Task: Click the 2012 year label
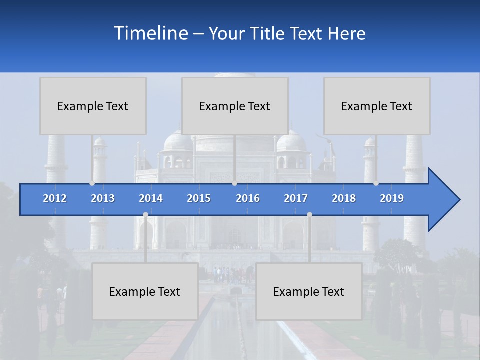pos(55,198)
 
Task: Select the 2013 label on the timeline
pos(103,198)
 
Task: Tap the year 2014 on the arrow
pos(151,198)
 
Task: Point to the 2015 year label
pos(199,198)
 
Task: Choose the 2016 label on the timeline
pos(248,198)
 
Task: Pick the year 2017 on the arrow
pos(296,198)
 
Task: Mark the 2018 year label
pos(344,198)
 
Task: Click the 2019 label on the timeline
pos(392,198)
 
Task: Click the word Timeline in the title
pos(150,33)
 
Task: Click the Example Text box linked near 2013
pos(93,106)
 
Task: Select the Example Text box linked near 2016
pos(235,106)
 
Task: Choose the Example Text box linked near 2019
pos(377,106)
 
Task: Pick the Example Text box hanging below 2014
pos(145,291)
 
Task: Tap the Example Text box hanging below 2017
pos(309,291)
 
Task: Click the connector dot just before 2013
pos(92,183)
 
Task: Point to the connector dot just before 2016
pos(234,183)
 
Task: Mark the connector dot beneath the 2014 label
pos(145,214)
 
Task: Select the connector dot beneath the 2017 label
pos(309,214)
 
